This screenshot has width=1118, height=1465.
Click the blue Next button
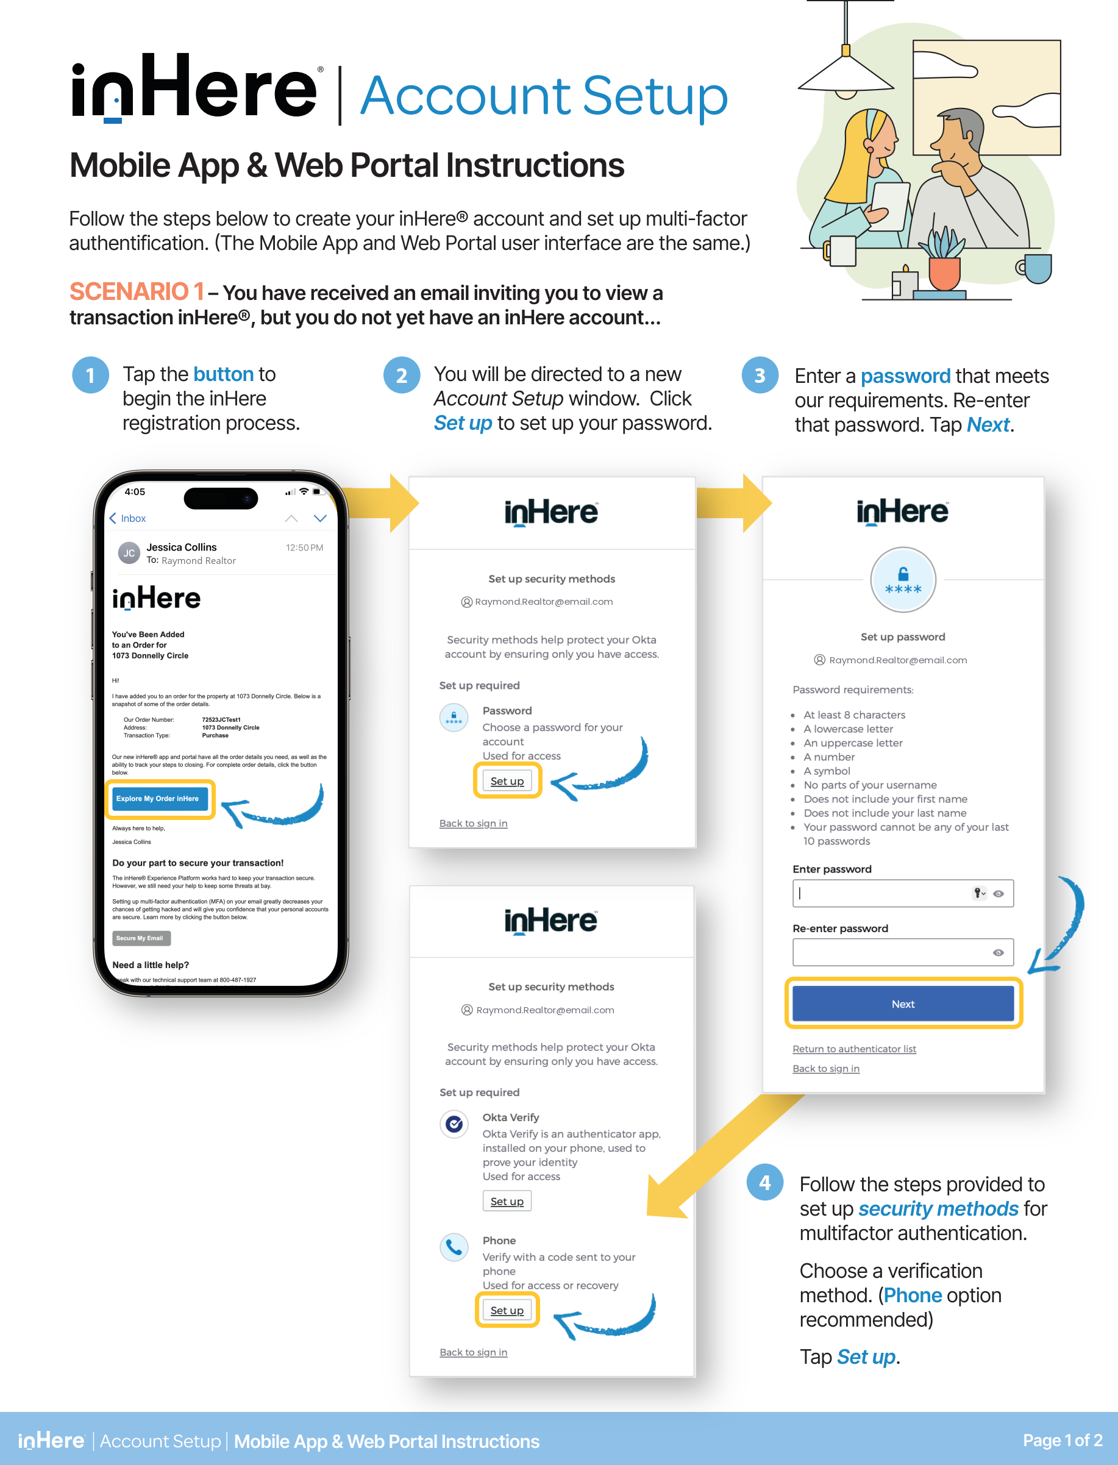[x=902, y=1003]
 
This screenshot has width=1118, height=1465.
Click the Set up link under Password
[x=507, y=781]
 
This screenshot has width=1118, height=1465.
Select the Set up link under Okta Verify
[x=507, y=1202]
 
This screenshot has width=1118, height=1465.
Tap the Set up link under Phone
[x=507, y=1310]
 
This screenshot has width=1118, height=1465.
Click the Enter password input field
[x=881, y=893]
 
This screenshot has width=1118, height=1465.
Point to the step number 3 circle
[x=760, y=376]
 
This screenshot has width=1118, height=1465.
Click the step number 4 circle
[x=764, y=1183]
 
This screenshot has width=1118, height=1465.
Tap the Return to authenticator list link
[x=854, y=1049]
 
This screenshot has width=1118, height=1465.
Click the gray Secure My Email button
[x=141, y=938]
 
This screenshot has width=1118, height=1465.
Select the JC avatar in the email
[x=129, y=553]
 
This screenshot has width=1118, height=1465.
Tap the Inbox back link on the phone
[x=128, y=518]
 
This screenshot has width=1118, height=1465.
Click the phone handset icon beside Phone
[x=455, y=1247]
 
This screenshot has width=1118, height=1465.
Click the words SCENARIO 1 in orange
[x=137, y=292]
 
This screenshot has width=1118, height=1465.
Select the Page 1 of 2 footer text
[x=1062, y=1441]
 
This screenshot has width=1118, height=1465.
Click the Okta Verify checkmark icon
[x=455, y=1124]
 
